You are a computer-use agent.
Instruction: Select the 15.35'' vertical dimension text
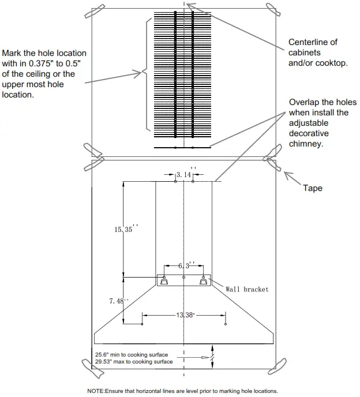[123, 229]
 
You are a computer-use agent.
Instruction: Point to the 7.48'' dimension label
[118, 300]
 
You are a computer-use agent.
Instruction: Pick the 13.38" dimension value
[185, 315]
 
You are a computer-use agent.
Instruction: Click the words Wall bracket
[247, 289]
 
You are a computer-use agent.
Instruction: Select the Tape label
[313, 188]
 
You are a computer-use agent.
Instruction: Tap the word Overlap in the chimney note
[305, 102]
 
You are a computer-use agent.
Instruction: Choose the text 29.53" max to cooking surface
[134, 362]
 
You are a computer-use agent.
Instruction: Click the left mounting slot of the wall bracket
[164, 281]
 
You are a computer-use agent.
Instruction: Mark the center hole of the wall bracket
[184, 278]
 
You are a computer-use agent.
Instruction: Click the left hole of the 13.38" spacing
[142, 325]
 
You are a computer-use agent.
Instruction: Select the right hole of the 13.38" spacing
[226, 325]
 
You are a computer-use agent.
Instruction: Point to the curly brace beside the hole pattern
[145, 73]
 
